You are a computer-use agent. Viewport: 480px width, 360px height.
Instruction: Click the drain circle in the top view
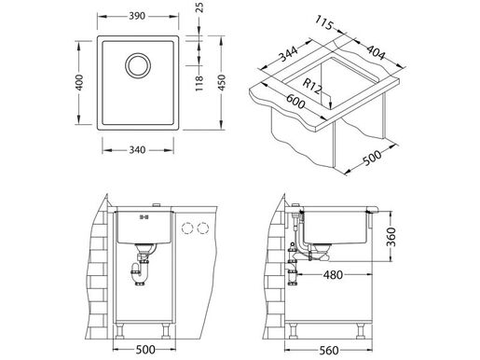coord(136,67)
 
